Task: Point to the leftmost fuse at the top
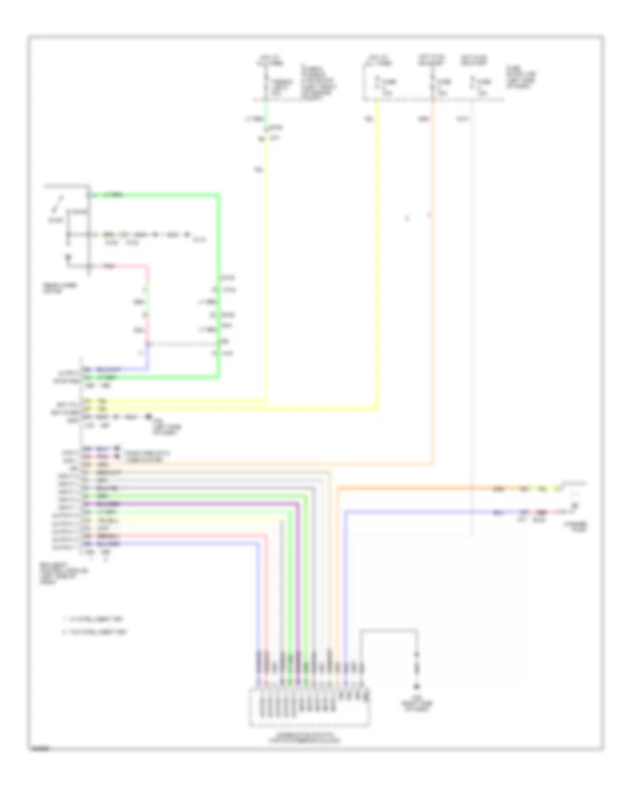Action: click(x=266, y=86)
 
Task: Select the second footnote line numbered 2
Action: click(x=94, y=632)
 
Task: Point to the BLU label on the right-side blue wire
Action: click(x=498, y=512)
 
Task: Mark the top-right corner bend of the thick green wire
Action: click(x=219, y=194)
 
